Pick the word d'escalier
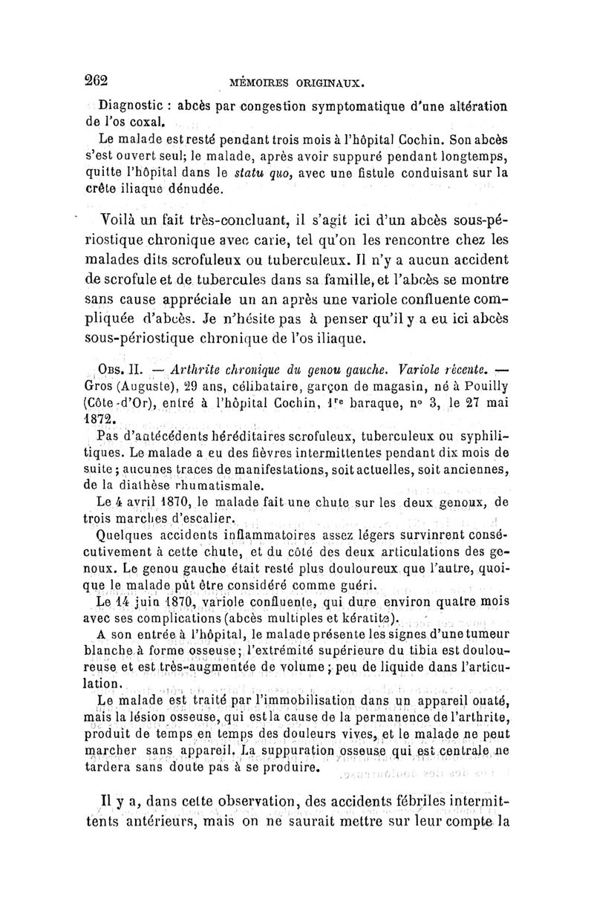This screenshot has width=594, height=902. tap(196, 519)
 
